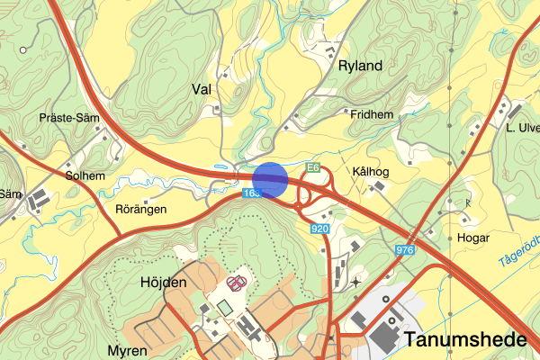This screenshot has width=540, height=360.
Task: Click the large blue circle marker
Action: coord(269,178)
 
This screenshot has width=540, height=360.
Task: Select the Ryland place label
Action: coord(361,66)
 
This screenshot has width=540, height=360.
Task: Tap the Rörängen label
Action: coord(142,209)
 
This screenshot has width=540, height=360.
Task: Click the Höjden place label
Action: coord(163,282)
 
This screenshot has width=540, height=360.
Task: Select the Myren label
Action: coord(127,349)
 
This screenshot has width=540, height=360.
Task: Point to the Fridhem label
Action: coord(373,114)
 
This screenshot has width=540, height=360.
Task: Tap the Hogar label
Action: coord(473,238)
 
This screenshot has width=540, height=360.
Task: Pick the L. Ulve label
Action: coord(521,130)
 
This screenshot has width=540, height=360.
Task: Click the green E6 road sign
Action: coord(312,167)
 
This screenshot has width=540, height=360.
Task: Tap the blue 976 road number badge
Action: coord(404,249)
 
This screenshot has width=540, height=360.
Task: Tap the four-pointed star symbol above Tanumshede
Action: coord(356,283)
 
